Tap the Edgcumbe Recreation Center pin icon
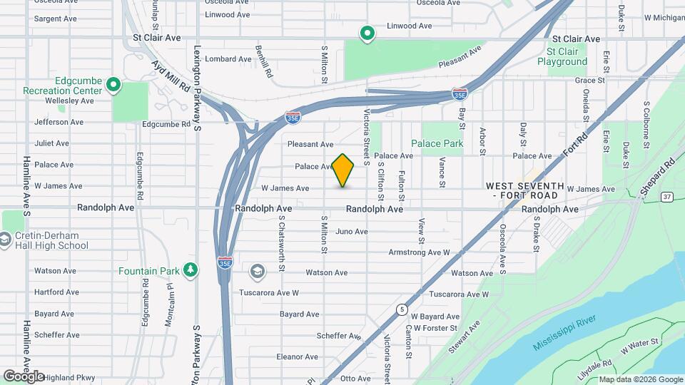pos(113,86)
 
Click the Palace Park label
pos(442,143)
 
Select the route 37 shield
pos(666,197)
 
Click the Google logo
pos(24,376)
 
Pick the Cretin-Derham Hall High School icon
pos(6,240)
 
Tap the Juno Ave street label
pos(351,231)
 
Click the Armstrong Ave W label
pos(419,252)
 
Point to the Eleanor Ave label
pos(292,357)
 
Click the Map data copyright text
pos(640,379)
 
